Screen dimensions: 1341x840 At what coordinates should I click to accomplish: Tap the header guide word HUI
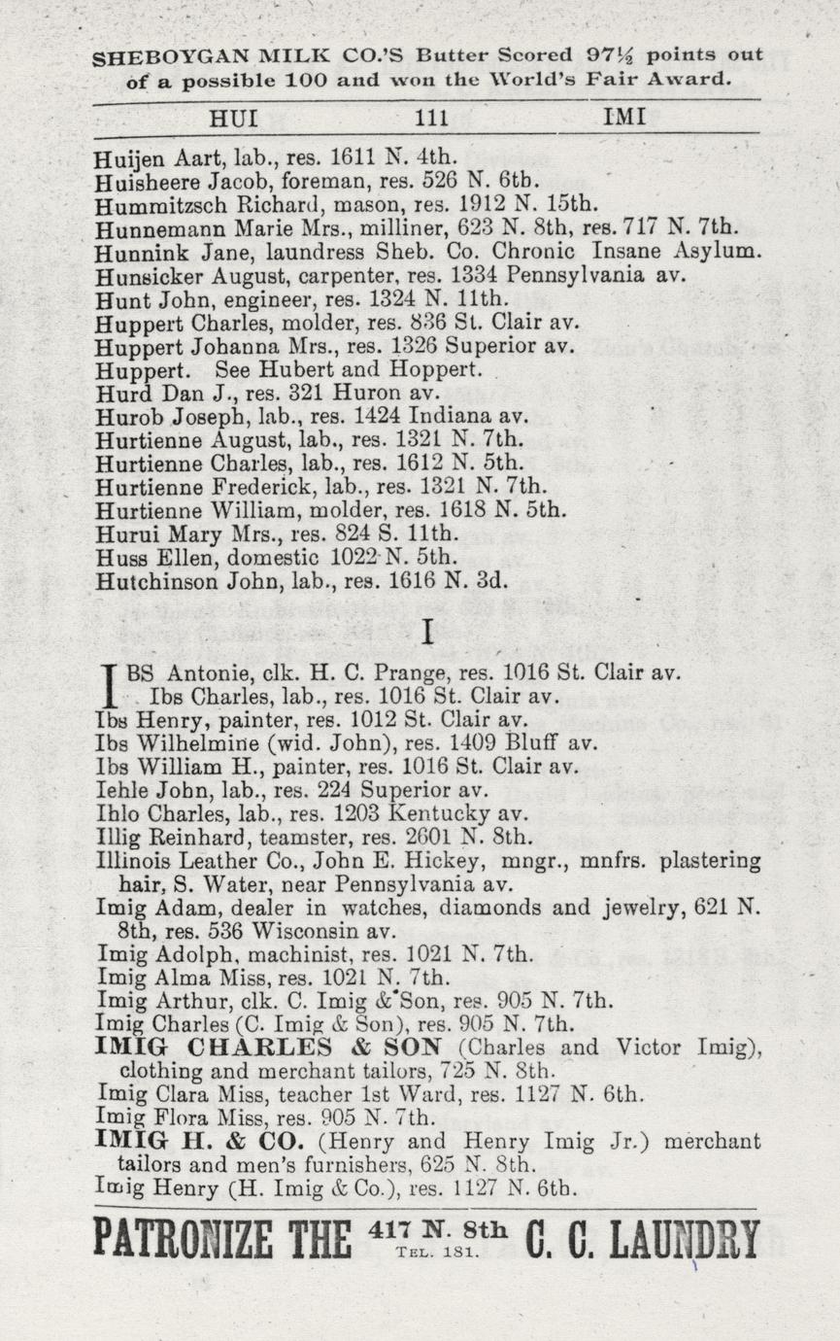pyautogui.click(x=234, y=118)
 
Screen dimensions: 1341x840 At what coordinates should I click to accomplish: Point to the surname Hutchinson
pyautogui.click(x=157, y=583)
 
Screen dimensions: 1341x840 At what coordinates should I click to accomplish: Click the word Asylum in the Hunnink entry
pyautogui.click(x=707, y=252)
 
